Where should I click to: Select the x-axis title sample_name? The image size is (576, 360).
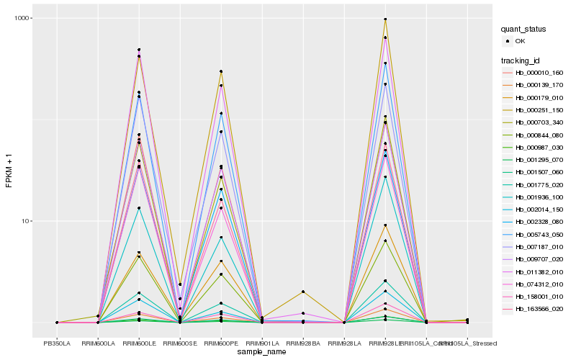pos(262,352)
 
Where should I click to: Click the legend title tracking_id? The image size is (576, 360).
pos(521,60)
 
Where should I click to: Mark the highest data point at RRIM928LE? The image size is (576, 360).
pos(385,19)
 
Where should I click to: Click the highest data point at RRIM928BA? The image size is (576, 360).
pos(303,292)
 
